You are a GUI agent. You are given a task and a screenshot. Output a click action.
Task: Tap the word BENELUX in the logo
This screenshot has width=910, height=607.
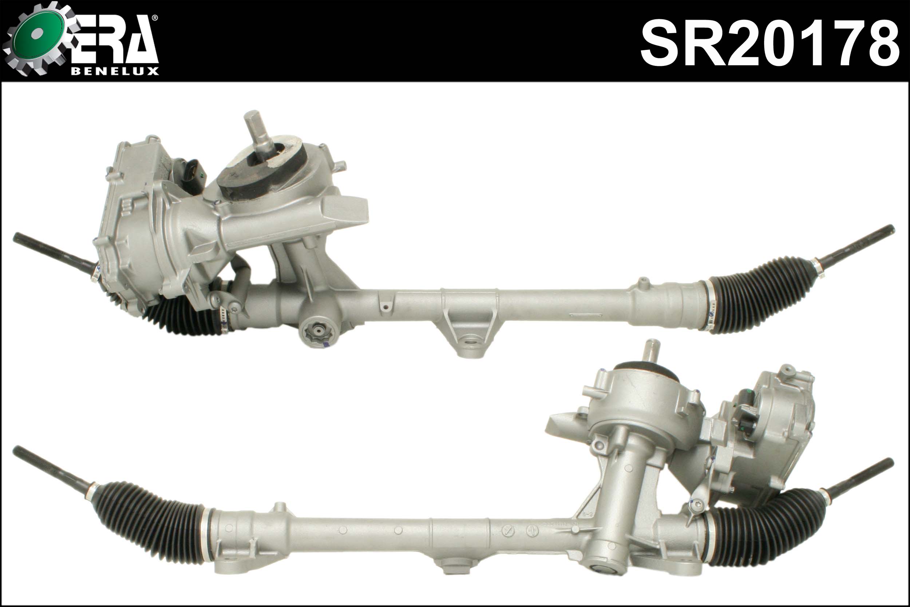click(x=115, y=72)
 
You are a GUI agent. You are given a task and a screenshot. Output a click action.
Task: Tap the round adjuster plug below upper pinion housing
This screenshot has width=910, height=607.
click(x=318, y=331)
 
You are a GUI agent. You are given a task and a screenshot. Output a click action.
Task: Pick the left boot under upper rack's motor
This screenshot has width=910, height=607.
click(x=182, y=315)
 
